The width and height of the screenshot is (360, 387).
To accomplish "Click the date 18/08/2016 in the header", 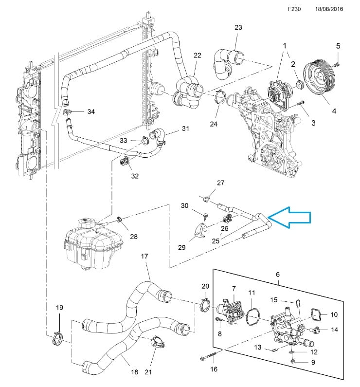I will [x=329, y=9].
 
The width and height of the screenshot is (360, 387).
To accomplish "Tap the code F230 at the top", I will [x=294, y=9].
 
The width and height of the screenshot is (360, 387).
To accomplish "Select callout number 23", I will [x=238, y=28].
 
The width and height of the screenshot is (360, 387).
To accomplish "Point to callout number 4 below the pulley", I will [x=334, y=111].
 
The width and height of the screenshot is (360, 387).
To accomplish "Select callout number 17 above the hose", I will [x=144, y=256].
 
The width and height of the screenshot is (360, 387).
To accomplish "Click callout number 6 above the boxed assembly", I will [x=278, y=275].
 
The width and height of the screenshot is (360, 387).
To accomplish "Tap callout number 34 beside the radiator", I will [x=91, y=112].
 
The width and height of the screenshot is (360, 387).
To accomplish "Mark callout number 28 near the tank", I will [x=134, y=237].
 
